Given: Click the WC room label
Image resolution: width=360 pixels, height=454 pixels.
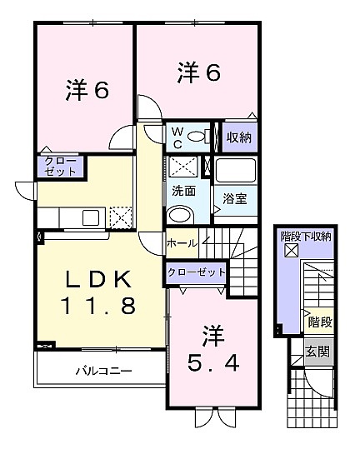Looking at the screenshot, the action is click(x=177, y=137).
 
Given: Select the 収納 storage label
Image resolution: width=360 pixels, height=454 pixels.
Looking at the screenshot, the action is click(x=239, y=137).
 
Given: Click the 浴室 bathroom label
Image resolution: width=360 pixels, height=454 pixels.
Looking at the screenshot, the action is click(x=235, y=198).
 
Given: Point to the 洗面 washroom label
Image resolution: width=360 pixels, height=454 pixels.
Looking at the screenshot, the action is click(x=183, y=191).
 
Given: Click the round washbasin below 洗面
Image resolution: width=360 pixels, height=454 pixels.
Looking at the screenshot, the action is click(x=180, y=216).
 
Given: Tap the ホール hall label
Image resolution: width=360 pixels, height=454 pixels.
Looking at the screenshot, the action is click(x=182, y=243).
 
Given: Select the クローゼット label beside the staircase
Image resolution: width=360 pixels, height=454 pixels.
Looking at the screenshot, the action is click(x=197, y=272).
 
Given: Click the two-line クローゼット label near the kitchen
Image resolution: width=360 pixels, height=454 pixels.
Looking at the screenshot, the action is click(x=61, y=167).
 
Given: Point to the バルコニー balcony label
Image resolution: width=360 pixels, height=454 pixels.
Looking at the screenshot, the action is click(x=104, y=371).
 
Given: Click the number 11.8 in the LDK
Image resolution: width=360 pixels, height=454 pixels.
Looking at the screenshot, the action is click(x=97, y=306).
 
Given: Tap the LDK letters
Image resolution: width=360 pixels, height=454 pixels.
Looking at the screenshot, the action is click(x=97, y=279).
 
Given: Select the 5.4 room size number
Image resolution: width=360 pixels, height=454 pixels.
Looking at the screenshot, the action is click(x=213, y=363).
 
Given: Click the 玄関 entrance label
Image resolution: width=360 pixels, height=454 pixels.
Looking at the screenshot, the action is click(x=317, y=352).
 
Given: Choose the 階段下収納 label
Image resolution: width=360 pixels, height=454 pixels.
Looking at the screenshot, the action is click(x=306, y=237).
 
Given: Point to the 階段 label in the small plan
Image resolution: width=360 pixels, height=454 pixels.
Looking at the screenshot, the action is click(x=320, y=322).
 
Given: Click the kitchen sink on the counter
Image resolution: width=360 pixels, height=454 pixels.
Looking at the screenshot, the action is click(x=91, y=218).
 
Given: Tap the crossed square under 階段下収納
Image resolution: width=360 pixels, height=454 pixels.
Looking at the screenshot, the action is click(x=291, y=251).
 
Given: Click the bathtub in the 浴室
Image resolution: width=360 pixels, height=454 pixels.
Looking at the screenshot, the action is click(x=236, y=171).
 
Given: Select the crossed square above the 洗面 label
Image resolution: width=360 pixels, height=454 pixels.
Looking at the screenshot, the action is click(x=183, y=167).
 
